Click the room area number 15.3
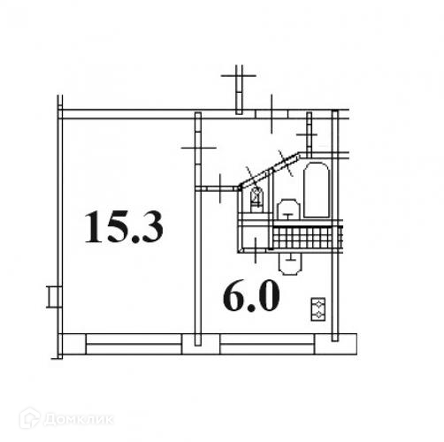click(124, 227)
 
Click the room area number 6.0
click(251, 296)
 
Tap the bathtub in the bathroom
click(317, 190)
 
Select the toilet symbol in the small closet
click(256, 199)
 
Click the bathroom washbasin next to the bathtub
click(288, 210)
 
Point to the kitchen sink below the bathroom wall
click(290, 264)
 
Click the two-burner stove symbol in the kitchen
click(318, 309)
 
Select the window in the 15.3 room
click(134, 344)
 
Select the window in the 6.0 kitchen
click(267, 344)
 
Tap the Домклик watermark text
click(79, 419)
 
